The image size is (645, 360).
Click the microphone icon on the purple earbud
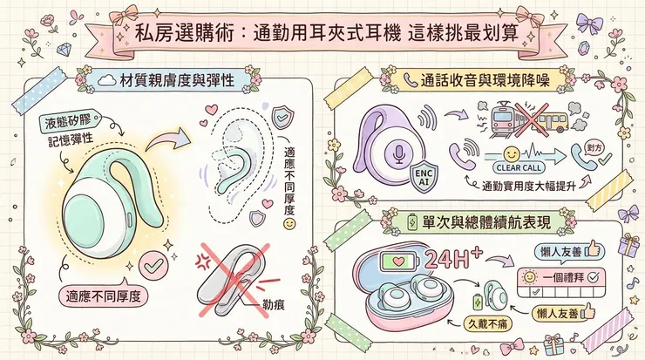click(x=397, y=155)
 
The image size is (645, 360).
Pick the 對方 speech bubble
click(x=598, y=148)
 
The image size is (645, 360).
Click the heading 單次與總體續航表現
click(x=484, y=222)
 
